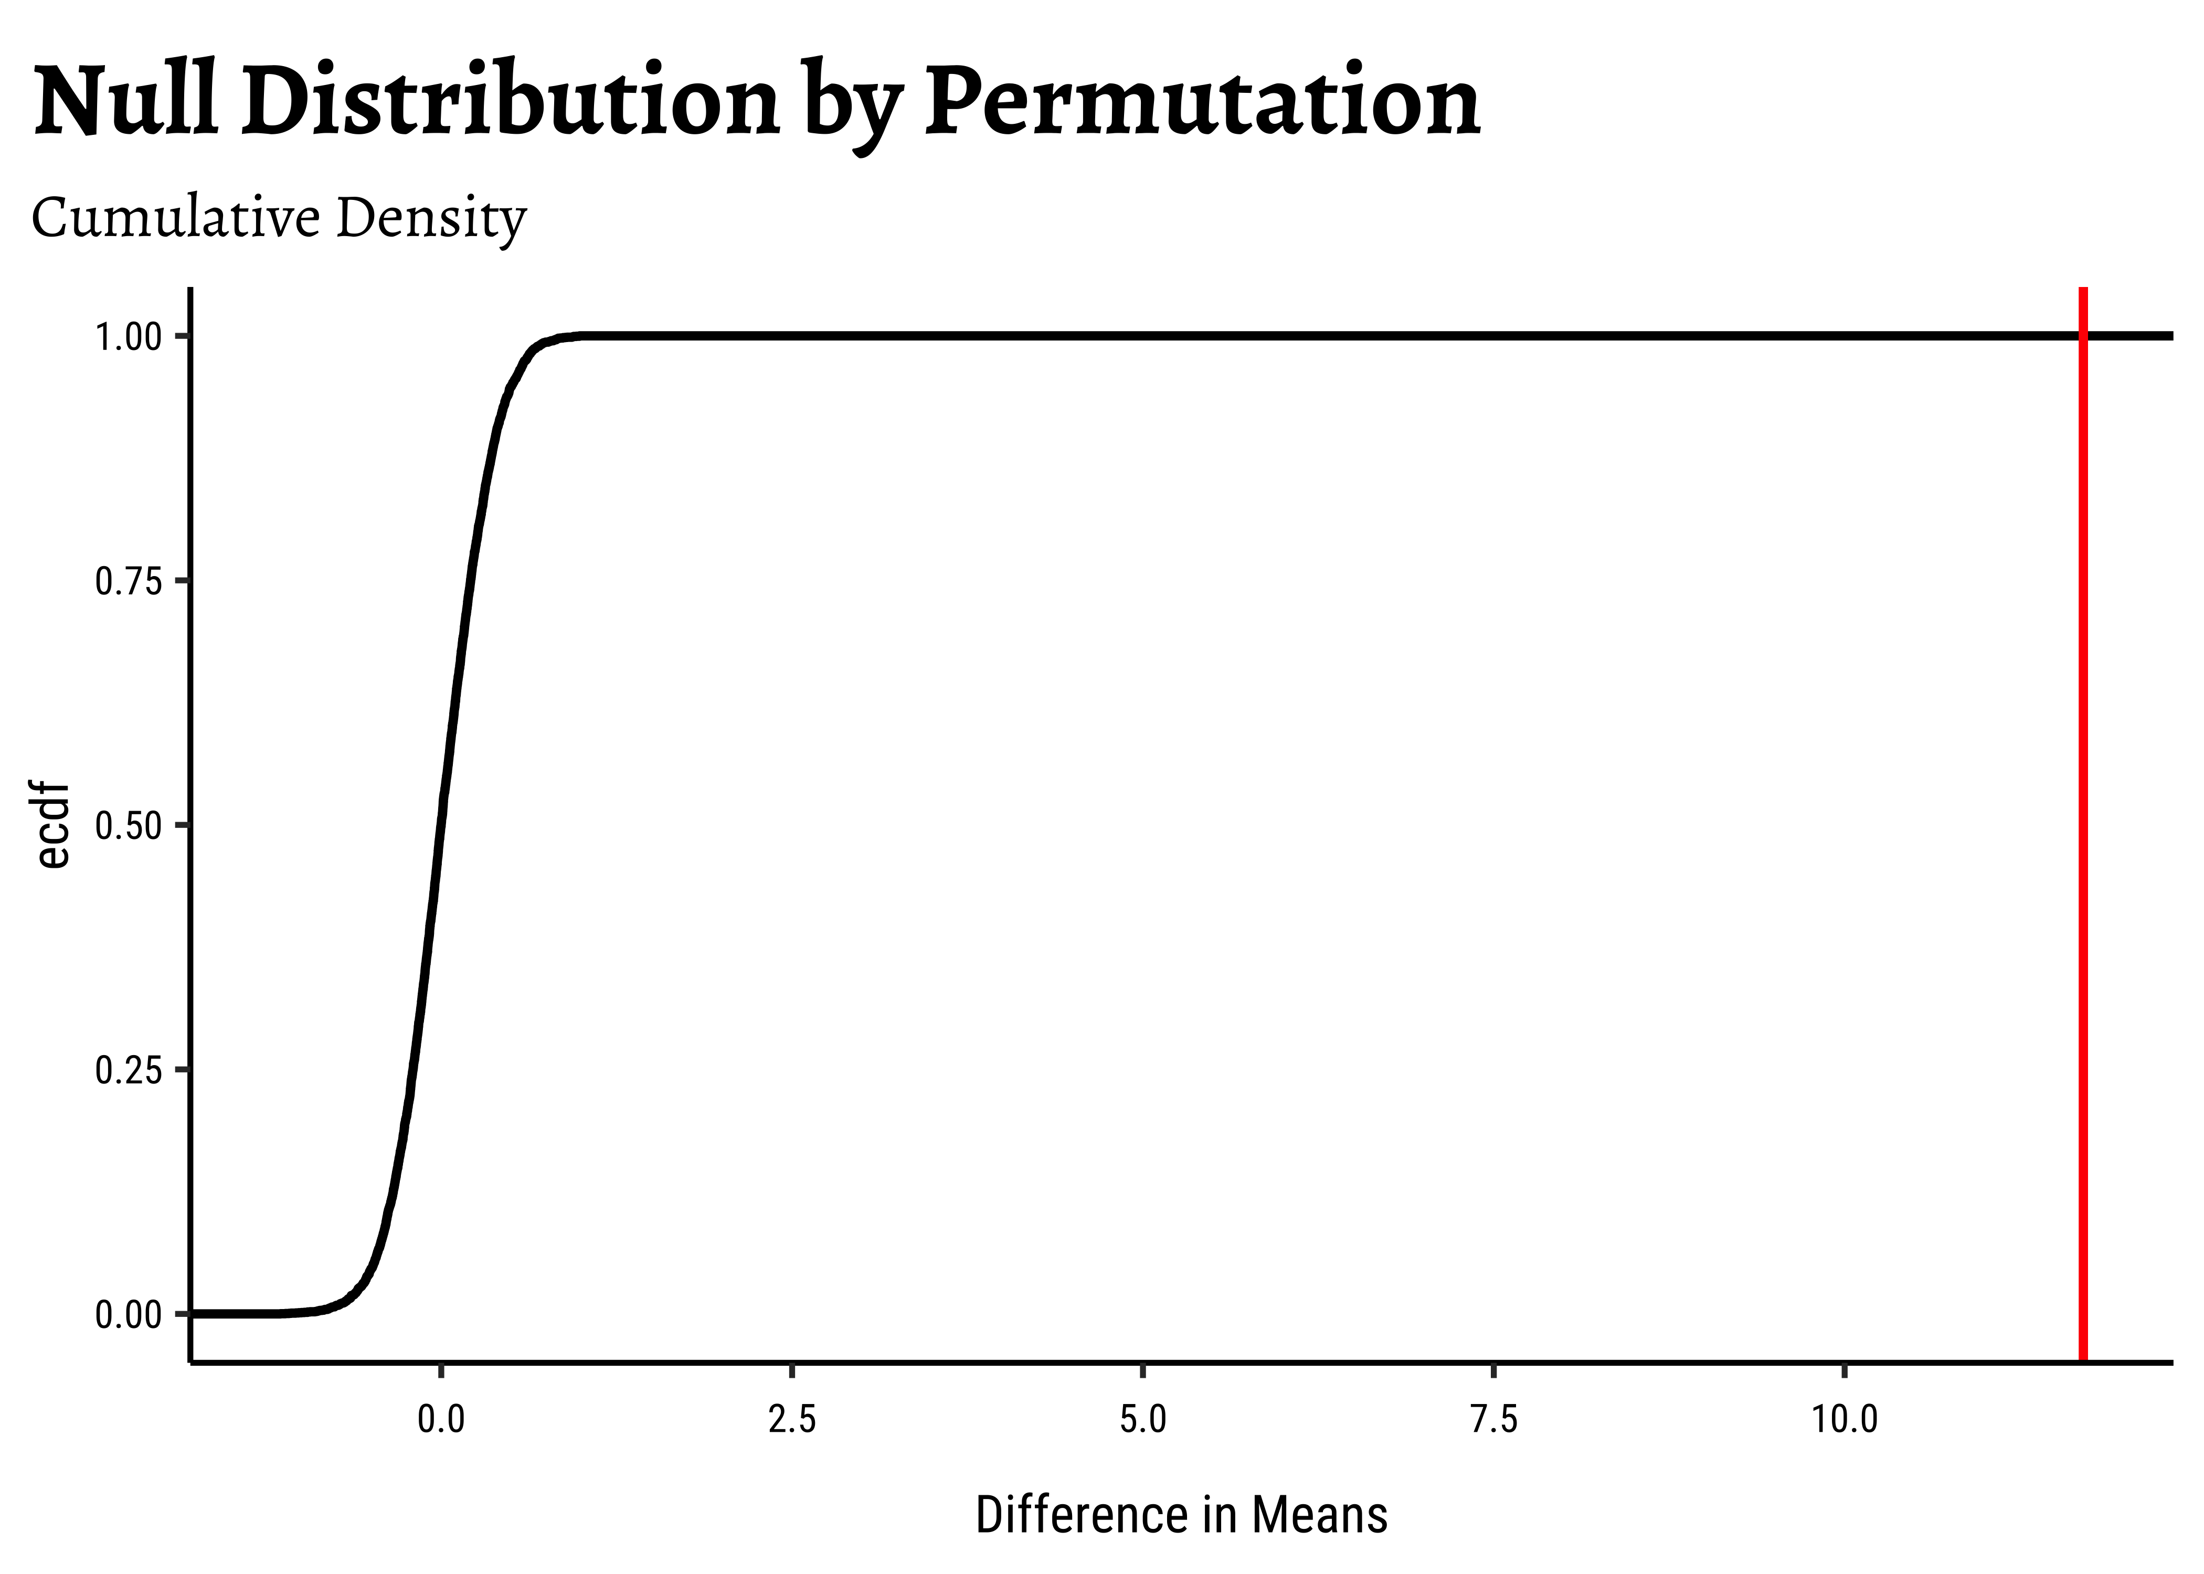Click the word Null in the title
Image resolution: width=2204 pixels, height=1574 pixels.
124,101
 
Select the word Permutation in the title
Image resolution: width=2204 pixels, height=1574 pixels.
1202,101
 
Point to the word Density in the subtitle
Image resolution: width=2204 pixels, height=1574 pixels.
430,219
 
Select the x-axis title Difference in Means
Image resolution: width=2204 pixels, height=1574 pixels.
1181,1514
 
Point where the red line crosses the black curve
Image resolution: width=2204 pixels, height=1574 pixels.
2082,335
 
